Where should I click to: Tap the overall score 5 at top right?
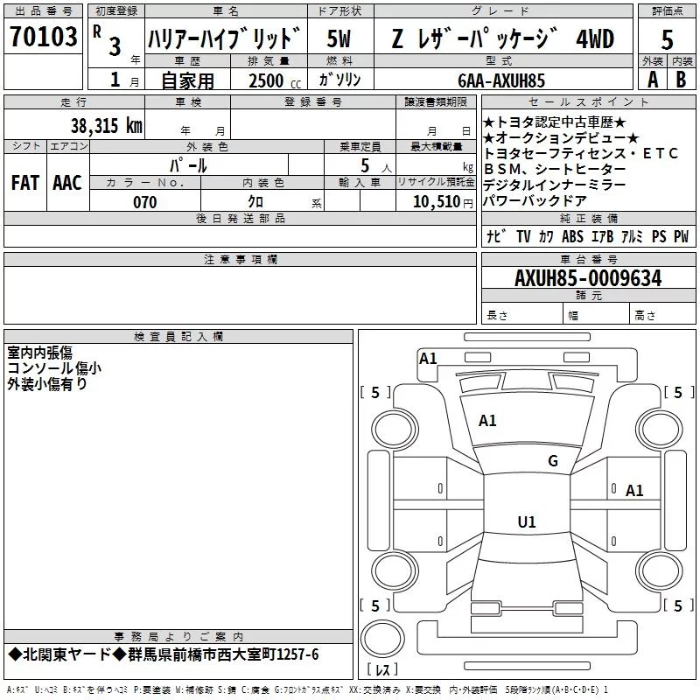pyautogui.click(x=668, y=39)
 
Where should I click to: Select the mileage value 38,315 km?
pyautogui.click(x=106, y=125)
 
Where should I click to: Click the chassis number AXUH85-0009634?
pyautogui.click(x=588, y=279)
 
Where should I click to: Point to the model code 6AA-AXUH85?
pyautogui.click(x=501, y=80)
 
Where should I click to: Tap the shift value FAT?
pyautogui.click(x=24, y=182)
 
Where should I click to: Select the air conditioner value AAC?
pyautogui.click(x=66, y=182)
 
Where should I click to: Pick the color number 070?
pyautogui.click(x=145, y=202)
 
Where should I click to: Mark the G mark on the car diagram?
pyautogui.click(x=552, y=460)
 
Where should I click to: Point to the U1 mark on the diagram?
pyautogui.click(x=526, y=522)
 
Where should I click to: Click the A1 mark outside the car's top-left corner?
pyautogui.click(x=428, y=358)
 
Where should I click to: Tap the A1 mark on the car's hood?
pyautogui.click(x=487, y=421)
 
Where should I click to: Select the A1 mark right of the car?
pyautogui.click(x=634, y=491)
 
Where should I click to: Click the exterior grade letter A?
pyautogui.click(x=652, y=80)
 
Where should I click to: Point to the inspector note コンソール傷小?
pyautogui.click(x=54, y=368)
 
